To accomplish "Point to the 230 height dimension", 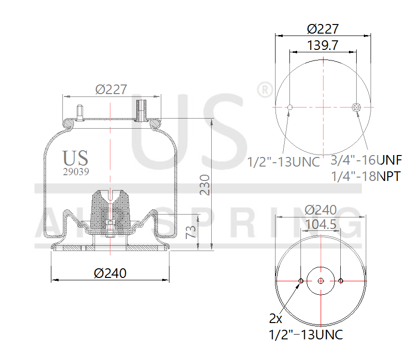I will (x=205, y=184).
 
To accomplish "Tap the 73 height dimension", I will (x=191, y=232).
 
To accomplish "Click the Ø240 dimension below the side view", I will (x=110, y=273).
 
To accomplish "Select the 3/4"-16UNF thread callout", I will (x=367, y=159).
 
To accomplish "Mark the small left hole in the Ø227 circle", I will (x=289, y=107).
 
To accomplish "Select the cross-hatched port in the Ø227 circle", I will (x=356, y=107).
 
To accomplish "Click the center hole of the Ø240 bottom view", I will (x=320, y=281).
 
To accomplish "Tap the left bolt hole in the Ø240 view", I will (x=300, y=281).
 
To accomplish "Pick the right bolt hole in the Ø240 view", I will (x=340, y=281).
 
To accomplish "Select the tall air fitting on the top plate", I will (x=141, y=110).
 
